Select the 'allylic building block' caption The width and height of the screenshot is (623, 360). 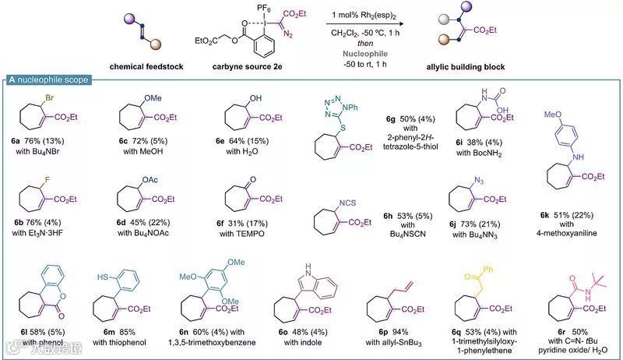point(482,66)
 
